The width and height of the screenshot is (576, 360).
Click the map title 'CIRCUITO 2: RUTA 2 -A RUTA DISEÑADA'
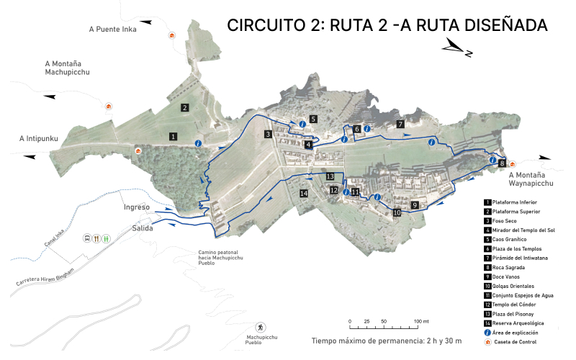387,25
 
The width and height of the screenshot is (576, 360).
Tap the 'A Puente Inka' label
112,30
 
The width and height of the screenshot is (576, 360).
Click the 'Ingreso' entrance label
136,207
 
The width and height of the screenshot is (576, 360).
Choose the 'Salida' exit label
142,228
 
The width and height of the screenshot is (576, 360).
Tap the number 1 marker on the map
174,135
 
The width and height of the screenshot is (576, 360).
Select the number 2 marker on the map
185,107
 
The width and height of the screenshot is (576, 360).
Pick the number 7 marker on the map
400,124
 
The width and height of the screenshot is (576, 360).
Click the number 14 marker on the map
304,193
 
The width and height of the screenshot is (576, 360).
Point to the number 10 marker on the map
397,213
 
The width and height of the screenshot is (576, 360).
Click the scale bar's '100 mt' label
421,321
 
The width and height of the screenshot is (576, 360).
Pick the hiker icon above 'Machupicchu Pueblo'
261,328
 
